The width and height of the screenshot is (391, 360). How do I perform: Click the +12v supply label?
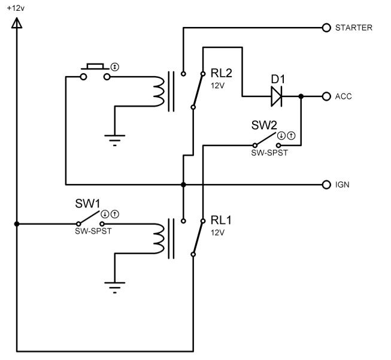pyautogui.click(x=16, y=8)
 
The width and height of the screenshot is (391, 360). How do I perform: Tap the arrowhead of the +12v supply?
pyautogui.click(x=17, y=23)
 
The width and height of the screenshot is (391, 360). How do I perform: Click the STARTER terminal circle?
pyautogui.click(x=326, y=28)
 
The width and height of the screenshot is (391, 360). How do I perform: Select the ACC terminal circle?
pyautogui.click(x=326, y=96)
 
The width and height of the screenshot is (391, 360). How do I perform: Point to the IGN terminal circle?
pyautogui.click(x=326, y=184)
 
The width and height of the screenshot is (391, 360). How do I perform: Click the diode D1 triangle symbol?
pyautogui.click(x=277, y=96)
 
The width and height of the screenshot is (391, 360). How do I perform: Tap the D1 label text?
pyautogui.click(x=278, y=79)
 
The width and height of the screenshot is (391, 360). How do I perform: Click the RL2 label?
pyautogui.click(x=221, y=73)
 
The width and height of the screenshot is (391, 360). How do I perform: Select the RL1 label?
pyautogui.click(x=221, y=220)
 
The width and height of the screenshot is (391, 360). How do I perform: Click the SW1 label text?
pyautogui.click(x=87, y=204)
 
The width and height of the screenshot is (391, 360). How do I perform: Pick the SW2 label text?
pyautogui.click(x=264, y=125)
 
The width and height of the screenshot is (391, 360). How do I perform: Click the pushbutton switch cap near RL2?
pyautogui.click(x=95, y=66)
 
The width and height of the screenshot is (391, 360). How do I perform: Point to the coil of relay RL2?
pyautogui.click(x=159, y=91)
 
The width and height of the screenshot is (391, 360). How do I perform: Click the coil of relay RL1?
pyautogui.click(x=159, y=239)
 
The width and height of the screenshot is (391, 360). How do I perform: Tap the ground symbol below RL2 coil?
pyautogui.click(x=115, y=140)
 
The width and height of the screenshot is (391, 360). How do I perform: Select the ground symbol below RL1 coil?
pyautogui.click(x=115, y=288)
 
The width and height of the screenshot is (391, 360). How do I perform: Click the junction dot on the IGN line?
pyautogui.click(x=183, y=184)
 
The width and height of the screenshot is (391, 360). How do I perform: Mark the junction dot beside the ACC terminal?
pyautogui.click(x=301, y=96)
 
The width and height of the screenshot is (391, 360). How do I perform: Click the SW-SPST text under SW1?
pyautogui.click(x=93, y=231)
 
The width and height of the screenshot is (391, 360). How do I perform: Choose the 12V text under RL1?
pyautogui.click(x=217, y=233)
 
